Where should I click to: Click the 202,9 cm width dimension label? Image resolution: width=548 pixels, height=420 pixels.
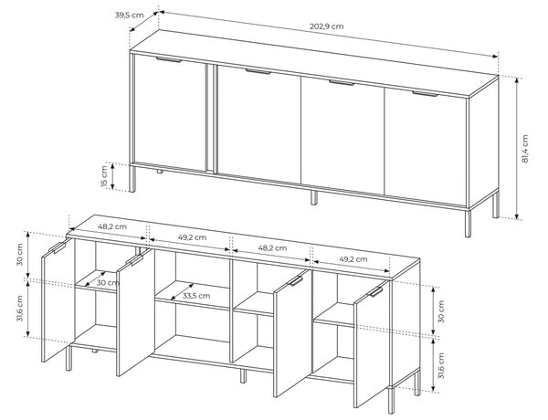(x=326, y=26)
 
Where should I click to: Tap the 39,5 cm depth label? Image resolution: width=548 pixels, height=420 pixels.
(x=129, y=15)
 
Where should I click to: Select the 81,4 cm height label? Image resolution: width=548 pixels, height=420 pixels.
(x=524, y=149)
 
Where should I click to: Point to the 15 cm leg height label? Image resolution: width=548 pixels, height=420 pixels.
(x=104, y=176)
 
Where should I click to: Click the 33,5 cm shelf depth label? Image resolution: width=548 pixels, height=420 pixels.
(x=196, y=296)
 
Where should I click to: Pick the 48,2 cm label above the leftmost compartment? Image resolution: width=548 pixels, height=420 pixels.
(x=112, y=226)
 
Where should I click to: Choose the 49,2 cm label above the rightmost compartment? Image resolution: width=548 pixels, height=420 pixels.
(x=353, y=259)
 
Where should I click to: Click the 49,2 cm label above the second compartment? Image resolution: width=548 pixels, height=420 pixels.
(x=192, y=237)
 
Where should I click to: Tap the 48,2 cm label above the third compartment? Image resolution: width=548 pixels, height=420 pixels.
(x=272, y=247)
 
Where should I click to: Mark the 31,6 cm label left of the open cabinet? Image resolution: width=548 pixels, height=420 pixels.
(x=20, y=309)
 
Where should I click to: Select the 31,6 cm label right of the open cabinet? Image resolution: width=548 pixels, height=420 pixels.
(x=441, y=365)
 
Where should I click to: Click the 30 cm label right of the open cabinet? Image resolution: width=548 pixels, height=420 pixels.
(x=441, y=311)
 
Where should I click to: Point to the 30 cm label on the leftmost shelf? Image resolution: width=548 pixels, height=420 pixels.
(x=108, y=282)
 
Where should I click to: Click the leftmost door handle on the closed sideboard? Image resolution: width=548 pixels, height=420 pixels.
(x=169, y=59)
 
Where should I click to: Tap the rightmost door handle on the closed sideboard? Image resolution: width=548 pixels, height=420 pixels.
(x=425, y=93)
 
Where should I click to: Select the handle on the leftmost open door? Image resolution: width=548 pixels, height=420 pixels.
(x=57, y=247)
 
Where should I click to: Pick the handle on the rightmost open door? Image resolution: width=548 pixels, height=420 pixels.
(x=377, y=292)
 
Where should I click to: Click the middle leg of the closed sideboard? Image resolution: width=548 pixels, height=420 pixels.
(x=314, y=197)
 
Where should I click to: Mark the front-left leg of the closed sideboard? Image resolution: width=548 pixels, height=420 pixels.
(x=132, y=179)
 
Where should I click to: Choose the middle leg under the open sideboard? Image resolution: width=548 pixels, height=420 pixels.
(x=243, y=375)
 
